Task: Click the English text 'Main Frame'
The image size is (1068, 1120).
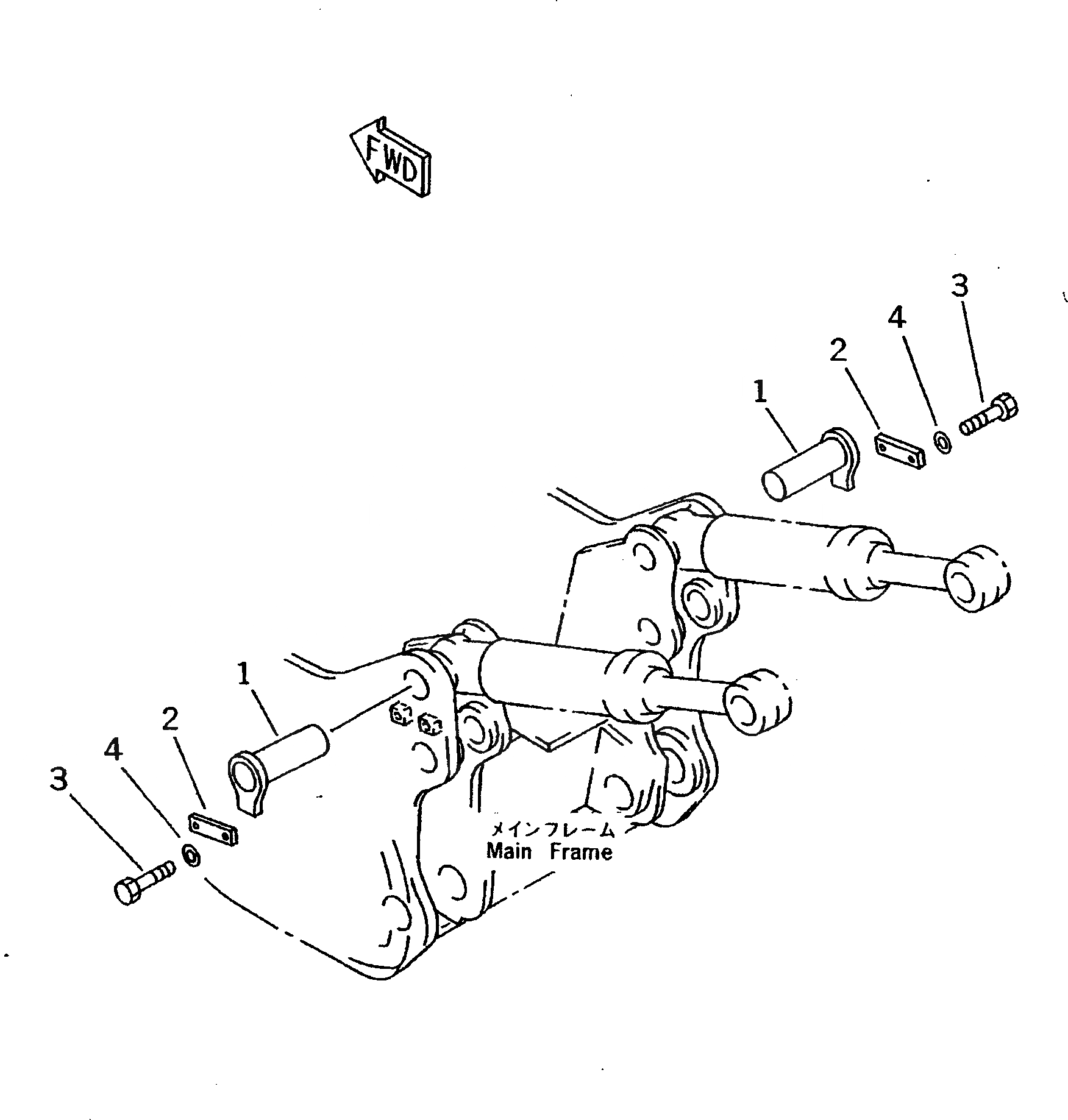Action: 549,851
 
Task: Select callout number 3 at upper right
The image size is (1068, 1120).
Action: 960,286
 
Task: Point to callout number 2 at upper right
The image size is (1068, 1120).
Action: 838,352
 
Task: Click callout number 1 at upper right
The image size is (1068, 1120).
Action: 760,392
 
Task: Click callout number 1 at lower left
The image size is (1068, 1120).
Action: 244,675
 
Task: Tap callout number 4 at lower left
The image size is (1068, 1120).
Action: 113,750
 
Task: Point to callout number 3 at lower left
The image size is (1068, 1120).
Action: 59,779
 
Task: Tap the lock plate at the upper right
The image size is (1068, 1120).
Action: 900,452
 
